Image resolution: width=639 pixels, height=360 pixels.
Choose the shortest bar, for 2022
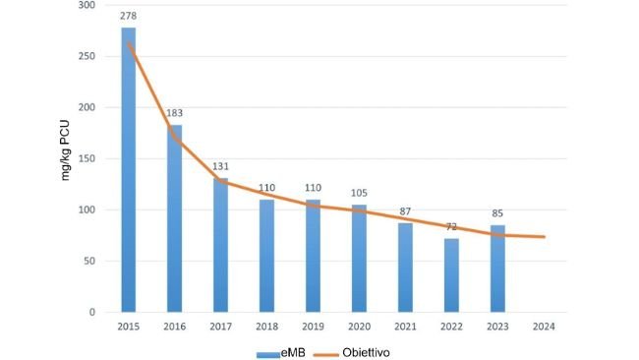coord(451,275)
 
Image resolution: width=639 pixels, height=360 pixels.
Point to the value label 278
coord(129,17)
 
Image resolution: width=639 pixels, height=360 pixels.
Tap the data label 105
coord(359,194)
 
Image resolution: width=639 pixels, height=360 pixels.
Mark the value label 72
coord(451,227)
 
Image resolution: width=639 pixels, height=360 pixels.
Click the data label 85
coord(497,214)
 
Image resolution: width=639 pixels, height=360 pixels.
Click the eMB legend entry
coord(283,351)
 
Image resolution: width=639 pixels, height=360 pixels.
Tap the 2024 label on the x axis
coord(544,327)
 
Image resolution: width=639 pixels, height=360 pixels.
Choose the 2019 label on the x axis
coord(313,327)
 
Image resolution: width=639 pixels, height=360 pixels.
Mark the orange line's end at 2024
coord(544,236)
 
